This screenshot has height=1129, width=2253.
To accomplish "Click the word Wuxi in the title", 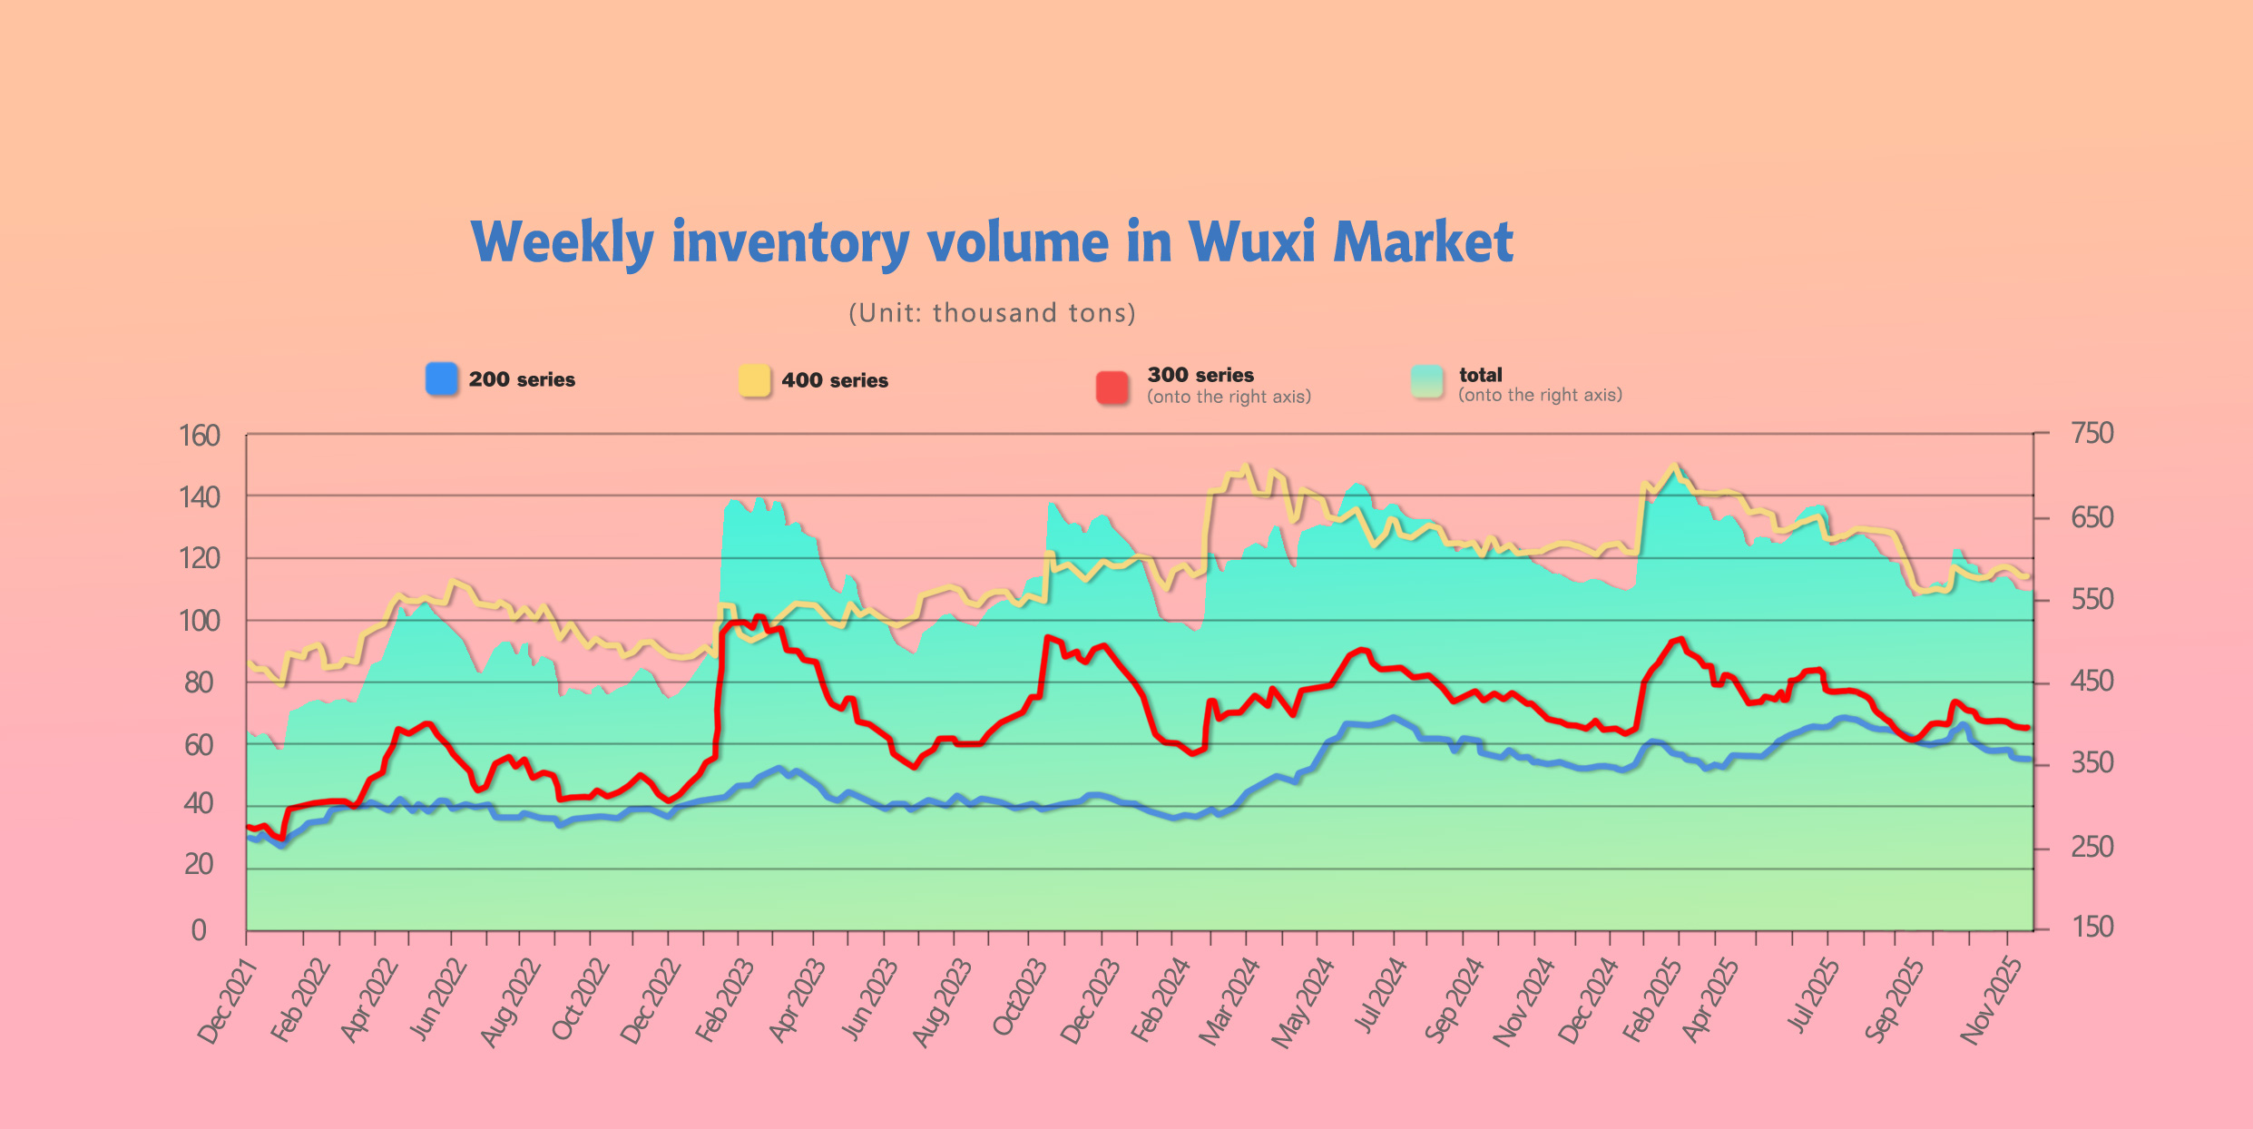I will [1251, 242].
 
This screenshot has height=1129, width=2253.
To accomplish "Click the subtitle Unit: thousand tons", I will [992, 313].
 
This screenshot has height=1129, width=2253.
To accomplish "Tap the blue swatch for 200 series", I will [442, 378].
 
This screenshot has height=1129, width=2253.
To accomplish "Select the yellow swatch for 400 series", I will [754, 380].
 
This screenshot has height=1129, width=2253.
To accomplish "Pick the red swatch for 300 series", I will [1112, 387].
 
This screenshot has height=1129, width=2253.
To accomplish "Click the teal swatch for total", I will [1427, 382].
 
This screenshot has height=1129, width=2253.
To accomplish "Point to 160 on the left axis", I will [200, 437].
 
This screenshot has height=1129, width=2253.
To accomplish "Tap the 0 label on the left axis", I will [199, 930].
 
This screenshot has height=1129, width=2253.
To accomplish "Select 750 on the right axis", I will [2092, 434].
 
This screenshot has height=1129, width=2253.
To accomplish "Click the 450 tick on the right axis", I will [2092, 682].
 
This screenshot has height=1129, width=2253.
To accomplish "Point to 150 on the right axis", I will [2092, 927].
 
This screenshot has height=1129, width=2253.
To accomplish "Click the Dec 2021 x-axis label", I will [228, 1002].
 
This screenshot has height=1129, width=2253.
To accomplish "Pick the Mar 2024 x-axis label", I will [1229, 1002].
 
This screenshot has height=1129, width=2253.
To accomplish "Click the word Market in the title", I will [1423, 242].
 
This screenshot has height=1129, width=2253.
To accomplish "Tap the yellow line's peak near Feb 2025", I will [1674, 466].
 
